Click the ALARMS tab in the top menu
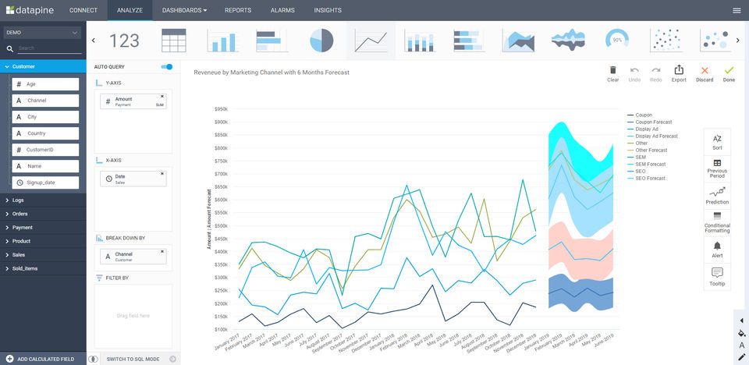click(x=282, y=10)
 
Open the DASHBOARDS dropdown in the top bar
click(x=184, y=10)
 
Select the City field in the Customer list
click(x=45, y=117)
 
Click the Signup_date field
click(x=45, y=182)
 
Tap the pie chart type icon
click(x=321, y=41)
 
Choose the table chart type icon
click(x=173, y=41)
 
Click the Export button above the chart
click(x=679, y=73)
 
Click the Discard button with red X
click(x=705, y=73)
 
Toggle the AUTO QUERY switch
click(x=166, y=67)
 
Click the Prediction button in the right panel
click(x=717, y=195)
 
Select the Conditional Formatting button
click(x=717, y=221)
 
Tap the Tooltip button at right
click(x=717, y=276)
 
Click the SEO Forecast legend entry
click(x=651, y=179)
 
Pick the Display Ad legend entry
click(x=647, y=129)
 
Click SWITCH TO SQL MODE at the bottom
click(x=133, y=359)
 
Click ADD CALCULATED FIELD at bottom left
click(x=45, y=359)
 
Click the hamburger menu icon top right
click(x=737, y=10)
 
